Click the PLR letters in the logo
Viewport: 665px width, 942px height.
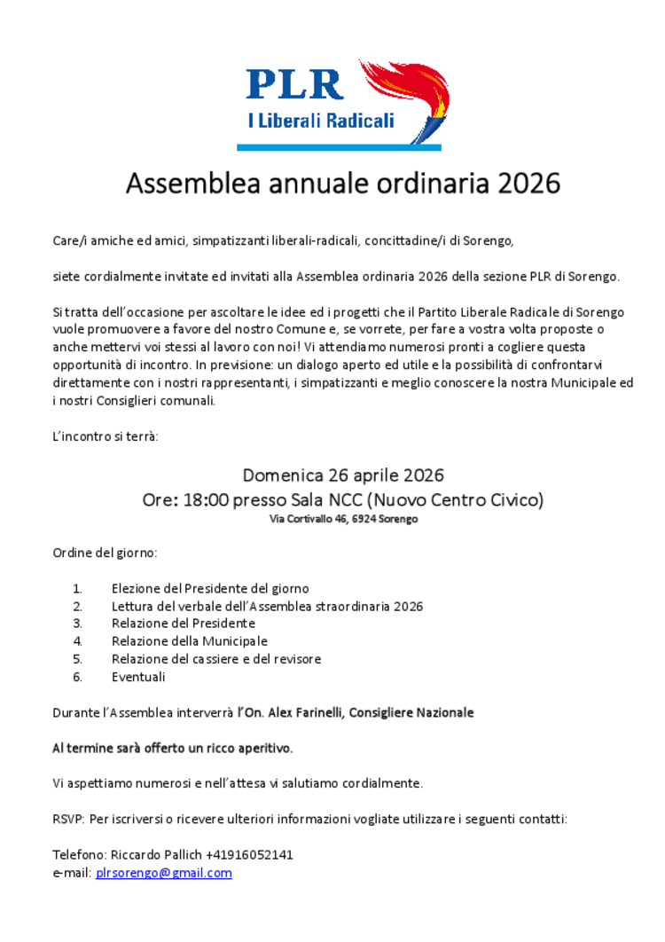tap(294, 84)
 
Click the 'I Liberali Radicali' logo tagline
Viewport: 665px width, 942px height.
tap(320, 121)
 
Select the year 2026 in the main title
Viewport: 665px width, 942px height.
tap(528, 184)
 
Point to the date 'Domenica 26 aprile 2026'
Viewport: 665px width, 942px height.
tap(343, 475)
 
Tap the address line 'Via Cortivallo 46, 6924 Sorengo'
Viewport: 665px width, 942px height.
tap(343, 519)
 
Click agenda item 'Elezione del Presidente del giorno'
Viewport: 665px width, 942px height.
tap(210, 588)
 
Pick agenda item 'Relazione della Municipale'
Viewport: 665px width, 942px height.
tap(189, 640)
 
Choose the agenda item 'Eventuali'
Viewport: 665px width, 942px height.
tap(138, 677)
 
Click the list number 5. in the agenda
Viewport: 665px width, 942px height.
tap(78, 659)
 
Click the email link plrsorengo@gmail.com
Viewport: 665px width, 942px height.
tap(164, 873)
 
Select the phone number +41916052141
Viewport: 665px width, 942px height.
tap(249, 855)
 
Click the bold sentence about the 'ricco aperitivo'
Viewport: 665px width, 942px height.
tap(173, 748)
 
